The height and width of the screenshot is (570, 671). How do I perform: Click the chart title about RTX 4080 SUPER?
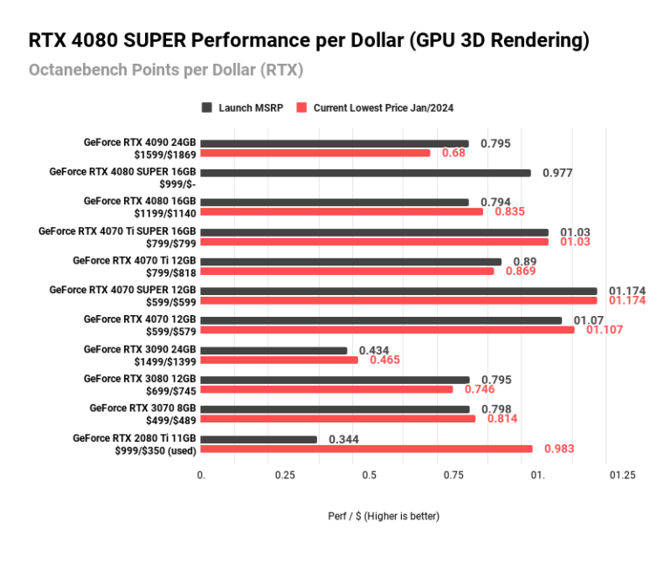(x=308, y=40)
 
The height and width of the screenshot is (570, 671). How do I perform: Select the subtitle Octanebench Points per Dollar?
(x=166, y=69)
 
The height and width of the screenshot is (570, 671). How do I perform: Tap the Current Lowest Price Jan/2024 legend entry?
(x=376, y=107)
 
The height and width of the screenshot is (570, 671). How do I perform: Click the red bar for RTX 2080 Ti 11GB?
(x=366, y=450)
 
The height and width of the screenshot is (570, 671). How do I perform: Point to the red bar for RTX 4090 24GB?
(x=315, y=153)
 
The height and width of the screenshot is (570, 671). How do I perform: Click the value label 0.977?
(x=557, y=173)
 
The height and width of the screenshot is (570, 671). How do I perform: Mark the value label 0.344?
(x=344, y=439)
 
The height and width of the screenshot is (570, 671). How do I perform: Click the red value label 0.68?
(x=453, y=154)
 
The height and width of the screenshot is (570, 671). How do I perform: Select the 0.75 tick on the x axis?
(x=453, y=475)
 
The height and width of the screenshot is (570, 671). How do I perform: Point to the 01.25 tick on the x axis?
(x=622, y=475)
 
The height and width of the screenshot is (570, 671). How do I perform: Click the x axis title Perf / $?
(x=377, y=516)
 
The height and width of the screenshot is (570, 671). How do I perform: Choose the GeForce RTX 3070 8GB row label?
(x=142, y=408)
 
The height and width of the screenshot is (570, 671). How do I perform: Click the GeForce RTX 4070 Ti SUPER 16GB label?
(x=117, y=231)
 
